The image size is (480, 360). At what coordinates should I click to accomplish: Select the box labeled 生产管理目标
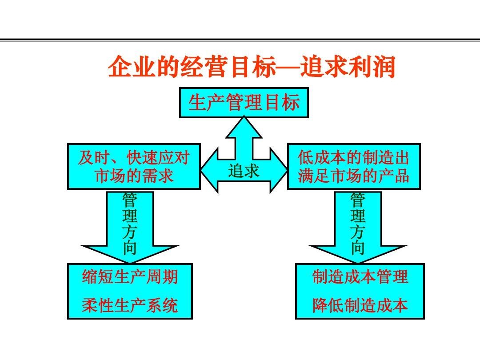click(244, 103)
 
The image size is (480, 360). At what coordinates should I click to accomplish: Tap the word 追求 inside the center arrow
click(244, 171)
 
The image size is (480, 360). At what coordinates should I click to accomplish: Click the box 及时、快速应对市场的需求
click(134, 167)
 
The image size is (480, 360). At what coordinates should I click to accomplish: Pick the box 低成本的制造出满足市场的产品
click(354, 167)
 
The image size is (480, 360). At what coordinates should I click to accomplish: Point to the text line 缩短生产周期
click(130, 277)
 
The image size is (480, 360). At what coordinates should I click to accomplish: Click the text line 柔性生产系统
click(130, 305)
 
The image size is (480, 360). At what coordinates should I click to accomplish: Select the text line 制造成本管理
click(360, 277)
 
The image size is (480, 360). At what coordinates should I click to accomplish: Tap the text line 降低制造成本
click(360, 305)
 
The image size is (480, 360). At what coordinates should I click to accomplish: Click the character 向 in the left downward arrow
click(130, 248)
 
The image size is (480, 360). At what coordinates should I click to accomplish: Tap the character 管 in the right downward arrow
click(358, 200)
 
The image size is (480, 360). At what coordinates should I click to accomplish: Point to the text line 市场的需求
click(134, 176)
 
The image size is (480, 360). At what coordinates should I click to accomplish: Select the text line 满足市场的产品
click(354, 176)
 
